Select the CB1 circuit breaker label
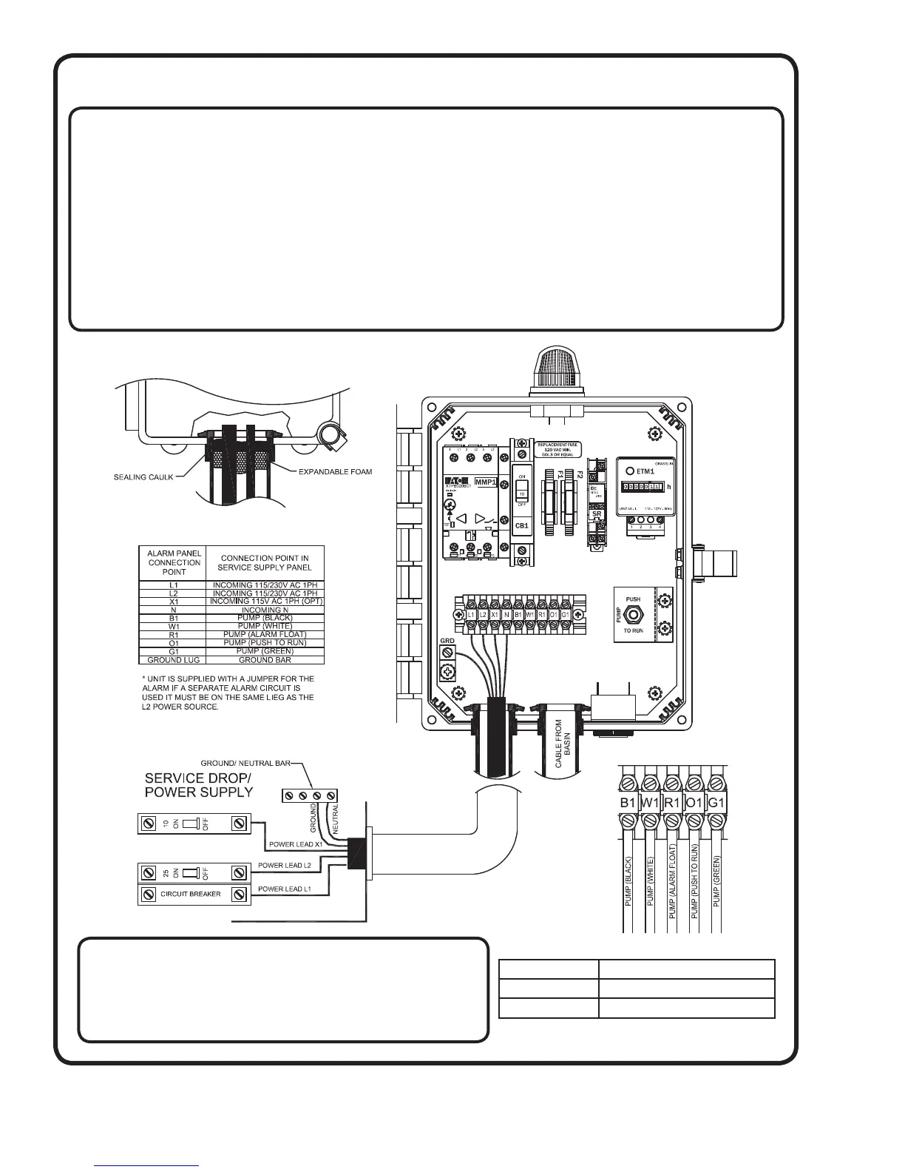coord(521,526)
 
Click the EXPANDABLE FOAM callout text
coord(335,471)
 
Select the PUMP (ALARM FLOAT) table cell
coord(264,634)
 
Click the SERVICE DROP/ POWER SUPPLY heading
coord(199,785)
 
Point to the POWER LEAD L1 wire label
coord(285,889)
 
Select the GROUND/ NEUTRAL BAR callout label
coord(246,762)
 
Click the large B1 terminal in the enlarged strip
coord(628,802)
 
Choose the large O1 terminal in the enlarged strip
coord(694,802)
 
